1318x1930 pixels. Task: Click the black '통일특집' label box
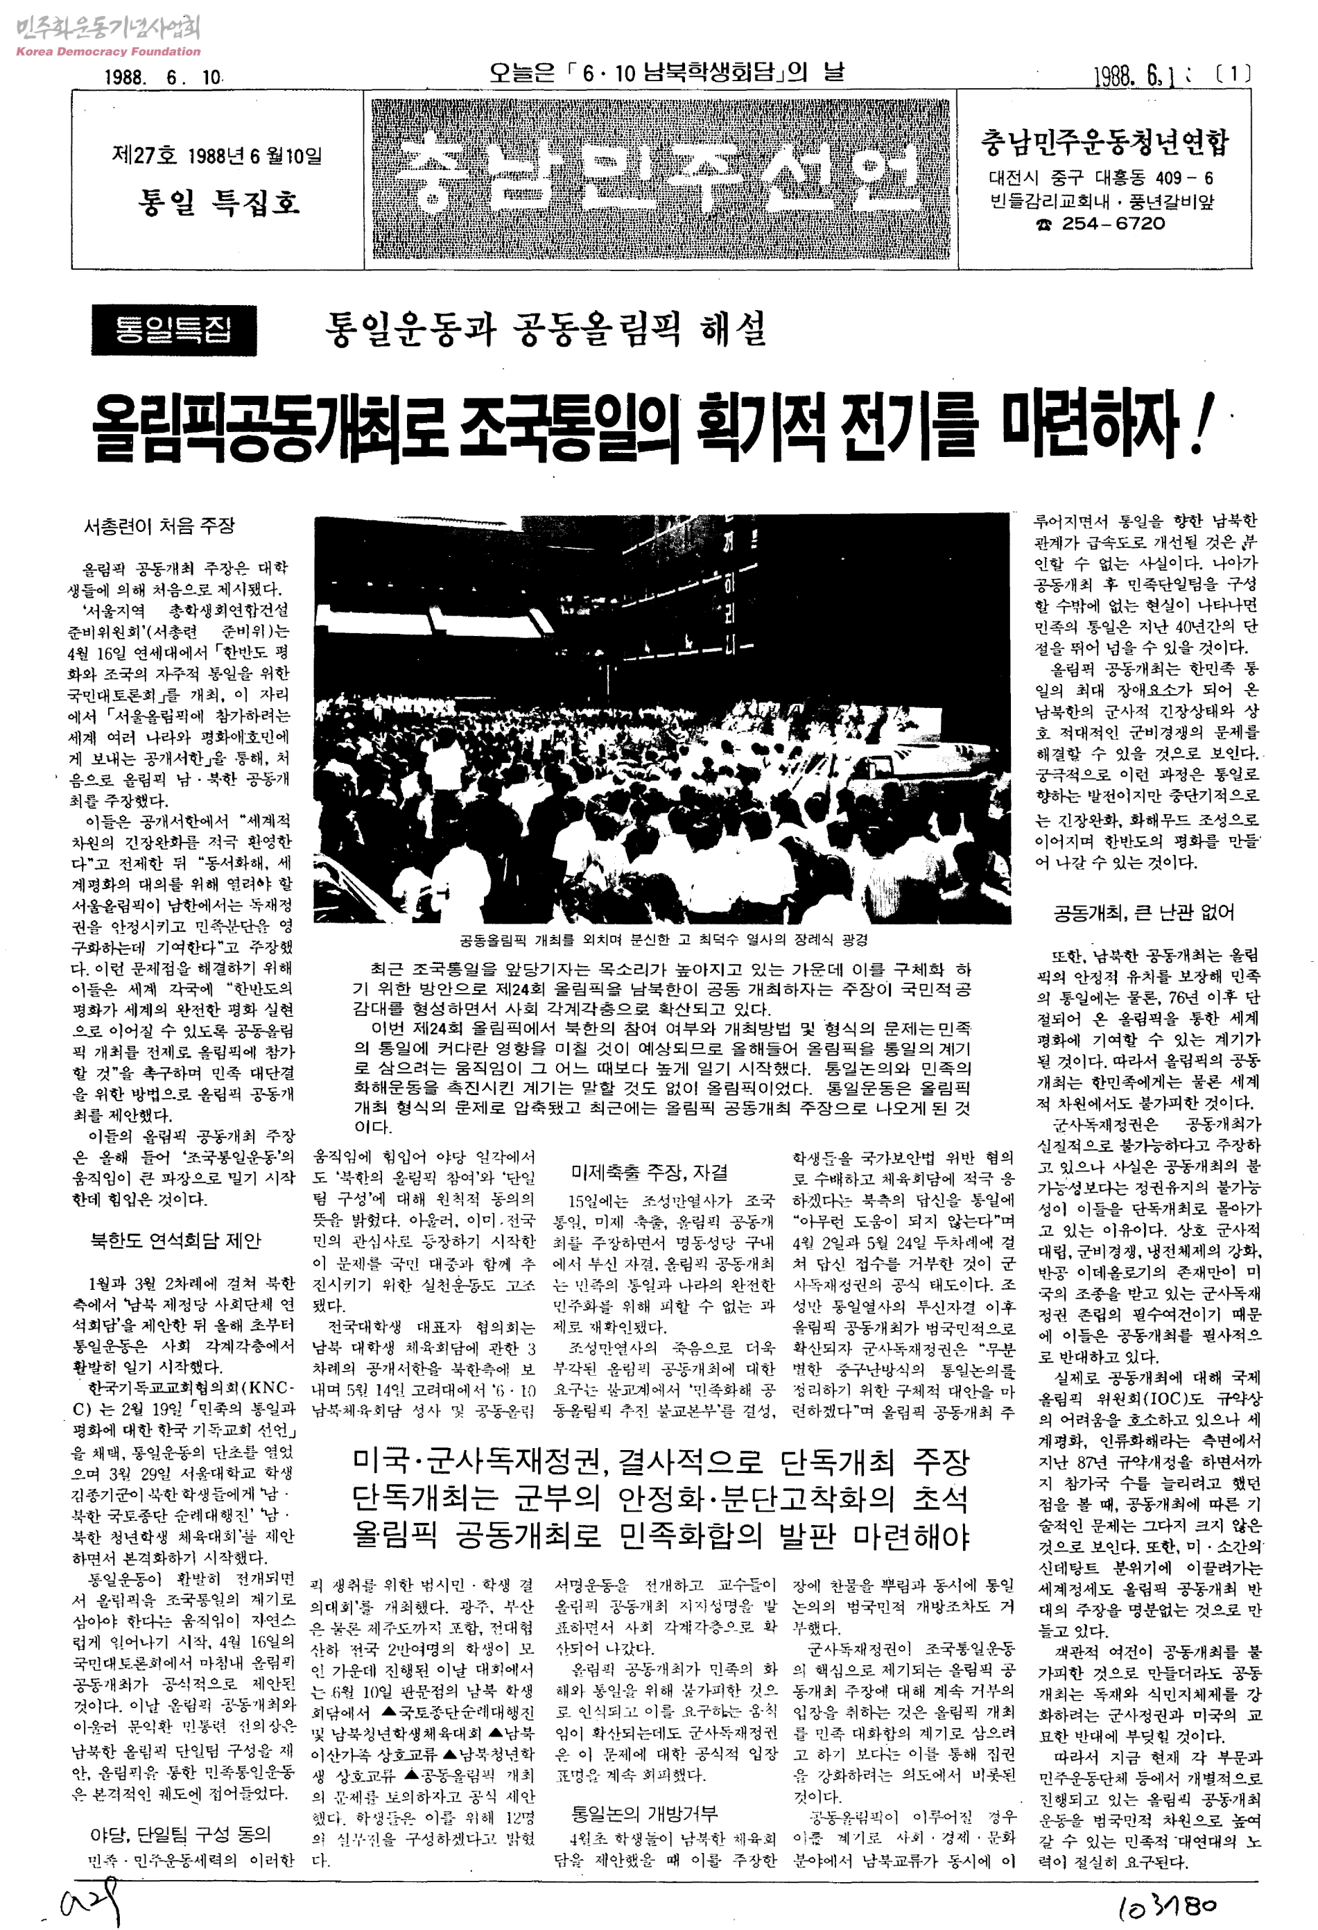pos(173,331)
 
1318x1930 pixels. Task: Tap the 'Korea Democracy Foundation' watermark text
pos(108,51)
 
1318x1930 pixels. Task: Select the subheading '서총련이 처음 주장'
pos(159,526)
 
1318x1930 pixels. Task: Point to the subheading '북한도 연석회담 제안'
pos(175,1241)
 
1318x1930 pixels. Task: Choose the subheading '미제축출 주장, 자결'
pos(650,1172)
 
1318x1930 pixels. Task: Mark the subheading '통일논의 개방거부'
pos(643,1813)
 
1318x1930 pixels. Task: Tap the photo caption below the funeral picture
pos(663,940)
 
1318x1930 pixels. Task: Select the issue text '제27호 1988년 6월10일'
pos(217,155)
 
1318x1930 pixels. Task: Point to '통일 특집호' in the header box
pos(218,202)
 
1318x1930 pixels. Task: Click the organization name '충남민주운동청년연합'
pos(1104,143)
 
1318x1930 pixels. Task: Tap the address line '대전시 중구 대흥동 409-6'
pos(1101,178)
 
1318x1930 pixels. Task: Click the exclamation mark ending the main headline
pos(1197,425)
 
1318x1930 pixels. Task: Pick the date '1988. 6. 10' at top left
pos(163,77)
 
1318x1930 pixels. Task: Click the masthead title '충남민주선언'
pos(660,178)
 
